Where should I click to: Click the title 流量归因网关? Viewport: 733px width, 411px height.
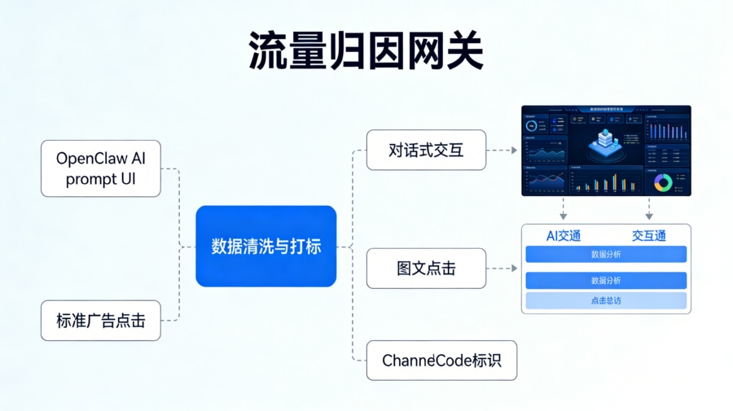click(x=366, y=50)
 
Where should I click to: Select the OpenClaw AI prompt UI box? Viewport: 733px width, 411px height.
click(x=101, y=168)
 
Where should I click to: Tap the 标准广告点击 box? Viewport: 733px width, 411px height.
click(x=101, y=321)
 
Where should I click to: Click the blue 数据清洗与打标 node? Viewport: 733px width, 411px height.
click(x=266, y=246)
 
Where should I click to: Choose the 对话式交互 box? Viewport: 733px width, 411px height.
click(x=426, y=150)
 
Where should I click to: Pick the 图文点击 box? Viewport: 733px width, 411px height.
click(x=426, y=268)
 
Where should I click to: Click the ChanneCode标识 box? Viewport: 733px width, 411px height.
click(x=441, y=360)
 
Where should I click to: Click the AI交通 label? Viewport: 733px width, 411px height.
click(x=564, y=236)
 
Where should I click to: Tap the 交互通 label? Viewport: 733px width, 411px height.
click(x=649, y=236)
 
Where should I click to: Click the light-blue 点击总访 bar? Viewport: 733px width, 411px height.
click(x=606, y=301)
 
